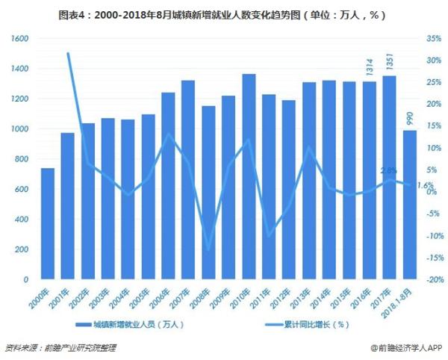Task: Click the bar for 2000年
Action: (47, 223)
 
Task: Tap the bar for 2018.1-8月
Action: (410, 205)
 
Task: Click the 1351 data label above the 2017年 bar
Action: (390, 63)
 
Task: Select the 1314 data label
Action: (370, 68)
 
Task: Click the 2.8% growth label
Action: (388, 171)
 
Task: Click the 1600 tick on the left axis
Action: (19, 38)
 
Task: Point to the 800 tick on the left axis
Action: (22, 159)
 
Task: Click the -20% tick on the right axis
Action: (432, 279)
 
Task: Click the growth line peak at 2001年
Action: (68, 53)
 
